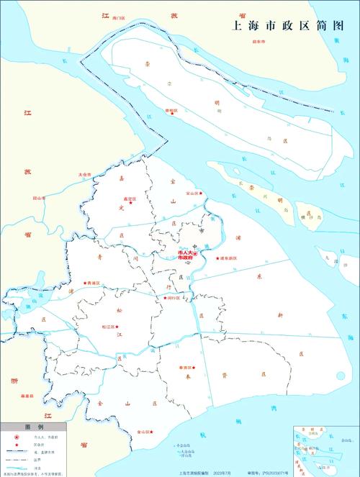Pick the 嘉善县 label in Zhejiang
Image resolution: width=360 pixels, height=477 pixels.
click(27, 395)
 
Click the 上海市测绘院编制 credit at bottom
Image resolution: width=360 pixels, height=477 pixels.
click(189, 473)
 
